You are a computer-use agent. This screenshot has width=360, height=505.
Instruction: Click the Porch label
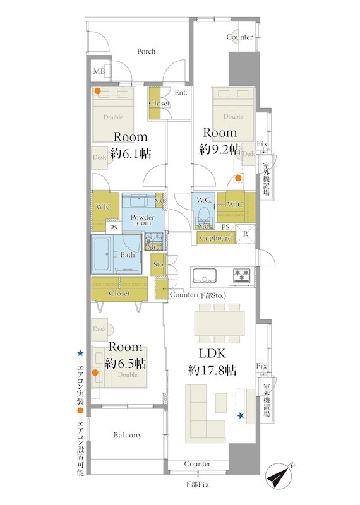click(146, 51)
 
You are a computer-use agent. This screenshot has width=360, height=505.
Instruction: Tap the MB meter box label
click(99, 71)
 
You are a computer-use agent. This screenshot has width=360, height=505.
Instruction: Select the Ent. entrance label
click(181, 93)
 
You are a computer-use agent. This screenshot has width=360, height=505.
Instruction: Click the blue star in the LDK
click(241, 416)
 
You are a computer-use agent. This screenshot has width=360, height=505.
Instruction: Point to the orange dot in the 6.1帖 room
click(97, 91)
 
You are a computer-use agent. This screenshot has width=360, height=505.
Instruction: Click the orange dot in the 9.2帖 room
click(238, 178)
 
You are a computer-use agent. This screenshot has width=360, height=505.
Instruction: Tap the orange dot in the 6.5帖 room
click(95, 372)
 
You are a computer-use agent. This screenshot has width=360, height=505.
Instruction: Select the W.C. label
click(204, 200)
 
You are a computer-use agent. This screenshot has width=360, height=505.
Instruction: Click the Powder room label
click(143, 220)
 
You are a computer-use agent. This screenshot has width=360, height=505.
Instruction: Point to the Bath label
click(128, 255)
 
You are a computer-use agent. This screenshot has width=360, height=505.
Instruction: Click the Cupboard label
click(215, 238)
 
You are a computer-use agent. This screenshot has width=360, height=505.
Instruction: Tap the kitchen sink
click(205, 276)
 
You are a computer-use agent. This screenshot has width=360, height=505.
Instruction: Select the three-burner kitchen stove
click(242, 276)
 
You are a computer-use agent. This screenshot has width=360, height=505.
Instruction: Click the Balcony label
click(128, 435)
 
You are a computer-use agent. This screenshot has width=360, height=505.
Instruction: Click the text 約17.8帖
click(212, 371)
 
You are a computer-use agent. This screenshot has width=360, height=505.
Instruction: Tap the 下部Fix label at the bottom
click(197, 484)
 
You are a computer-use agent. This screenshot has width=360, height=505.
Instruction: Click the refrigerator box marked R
click(246, 234)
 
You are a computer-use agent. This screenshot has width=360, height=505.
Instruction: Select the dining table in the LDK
click(219, 323)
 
